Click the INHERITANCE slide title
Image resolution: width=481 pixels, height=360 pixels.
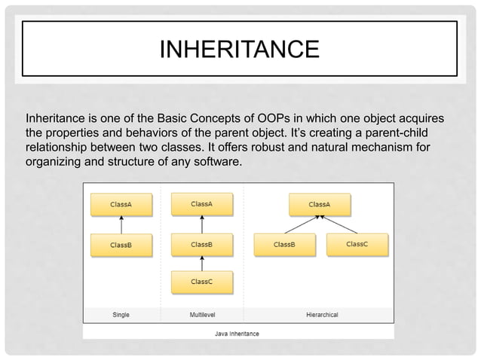click(240, 50)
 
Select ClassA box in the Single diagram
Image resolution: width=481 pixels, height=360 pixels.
click(121, 204)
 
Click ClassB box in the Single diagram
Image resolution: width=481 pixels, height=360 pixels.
click(121, 245)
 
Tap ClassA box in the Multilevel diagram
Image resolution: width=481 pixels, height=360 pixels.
click(201, 204)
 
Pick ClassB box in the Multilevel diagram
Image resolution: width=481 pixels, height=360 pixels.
click(201, 245)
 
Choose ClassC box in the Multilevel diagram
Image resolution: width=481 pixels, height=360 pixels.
click(201, 282)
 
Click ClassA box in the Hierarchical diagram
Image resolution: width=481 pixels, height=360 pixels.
click(320, 204)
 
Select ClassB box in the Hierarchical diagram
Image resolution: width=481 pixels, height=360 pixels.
click(284, 245)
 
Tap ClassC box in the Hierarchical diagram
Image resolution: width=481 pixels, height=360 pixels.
click(357, 245)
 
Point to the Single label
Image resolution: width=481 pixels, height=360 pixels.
click(121, 315)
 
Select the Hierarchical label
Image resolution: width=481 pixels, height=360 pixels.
click(321, 315)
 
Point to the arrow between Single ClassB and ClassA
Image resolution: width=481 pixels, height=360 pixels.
click(121, 224)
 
